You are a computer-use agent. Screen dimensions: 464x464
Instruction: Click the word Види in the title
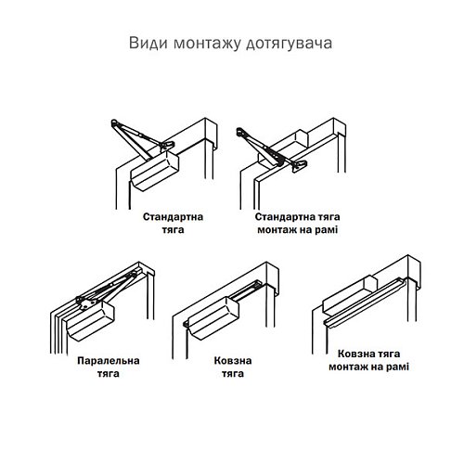pyautogui.click(x=143, y=45)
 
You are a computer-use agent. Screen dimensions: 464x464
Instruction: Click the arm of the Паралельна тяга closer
pyautogui.click(x=107, y=288)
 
